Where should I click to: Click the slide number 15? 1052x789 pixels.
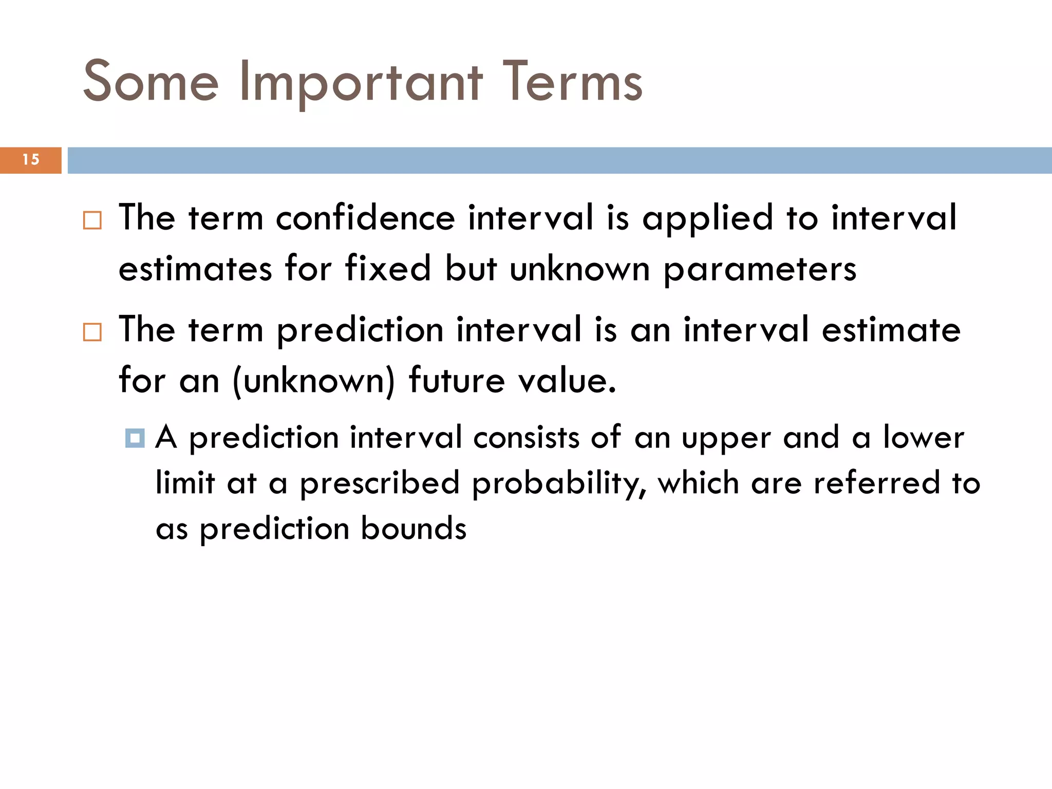pos(31,160)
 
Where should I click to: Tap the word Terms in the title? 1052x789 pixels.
pos(572,81)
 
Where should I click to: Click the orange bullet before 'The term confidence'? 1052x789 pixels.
pos(92,220)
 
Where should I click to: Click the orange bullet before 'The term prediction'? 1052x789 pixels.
pos(92,332)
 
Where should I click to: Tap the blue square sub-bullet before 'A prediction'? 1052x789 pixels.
pos(135,438)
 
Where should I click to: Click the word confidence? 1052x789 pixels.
pos(365,218)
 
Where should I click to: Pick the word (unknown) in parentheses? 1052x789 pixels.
pos(314,381)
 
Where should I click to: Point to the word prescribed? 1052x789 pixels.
pos(380,484)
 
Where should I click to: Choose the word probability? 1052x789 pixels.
pos(559,484)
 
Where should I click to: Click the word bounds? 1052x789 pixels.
pos(414,529)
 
